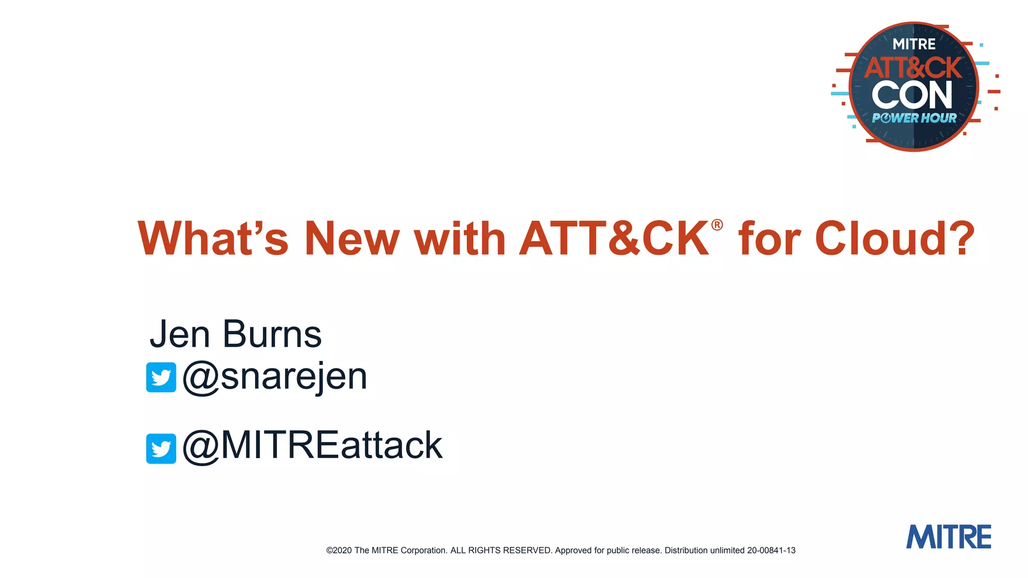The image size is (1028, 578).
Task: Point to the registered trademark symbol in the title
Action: pos(717,225)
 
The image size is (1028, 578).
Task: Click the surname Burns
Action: pos(272,334)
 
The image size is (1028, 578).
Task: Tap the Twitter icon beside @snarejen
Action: pos(161,377)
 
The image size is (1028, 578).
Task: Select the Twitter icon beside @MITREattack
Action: pos(161,449)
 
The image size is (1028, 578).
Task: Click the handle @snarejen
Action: pos(275,376)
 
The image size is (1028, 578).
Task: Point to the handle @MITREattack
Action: pos(312,446)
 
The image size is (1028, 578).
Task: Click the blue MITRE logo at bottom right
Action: pos(948,537)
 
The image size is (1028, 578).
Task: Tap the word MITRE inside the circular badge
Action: pos(914,45)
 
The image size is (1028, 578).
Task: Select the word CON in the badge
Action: pos(912,95)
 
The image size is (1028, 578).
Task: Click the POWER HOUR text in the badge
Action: pos(914,118)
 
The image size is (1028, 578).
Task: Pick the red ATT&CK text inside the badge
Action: pos(913,68)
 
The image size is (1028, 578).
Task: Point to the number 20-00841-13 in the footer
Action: pos(771,550)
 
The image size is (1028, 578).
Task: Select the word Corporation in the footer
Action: pos(423,550)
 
